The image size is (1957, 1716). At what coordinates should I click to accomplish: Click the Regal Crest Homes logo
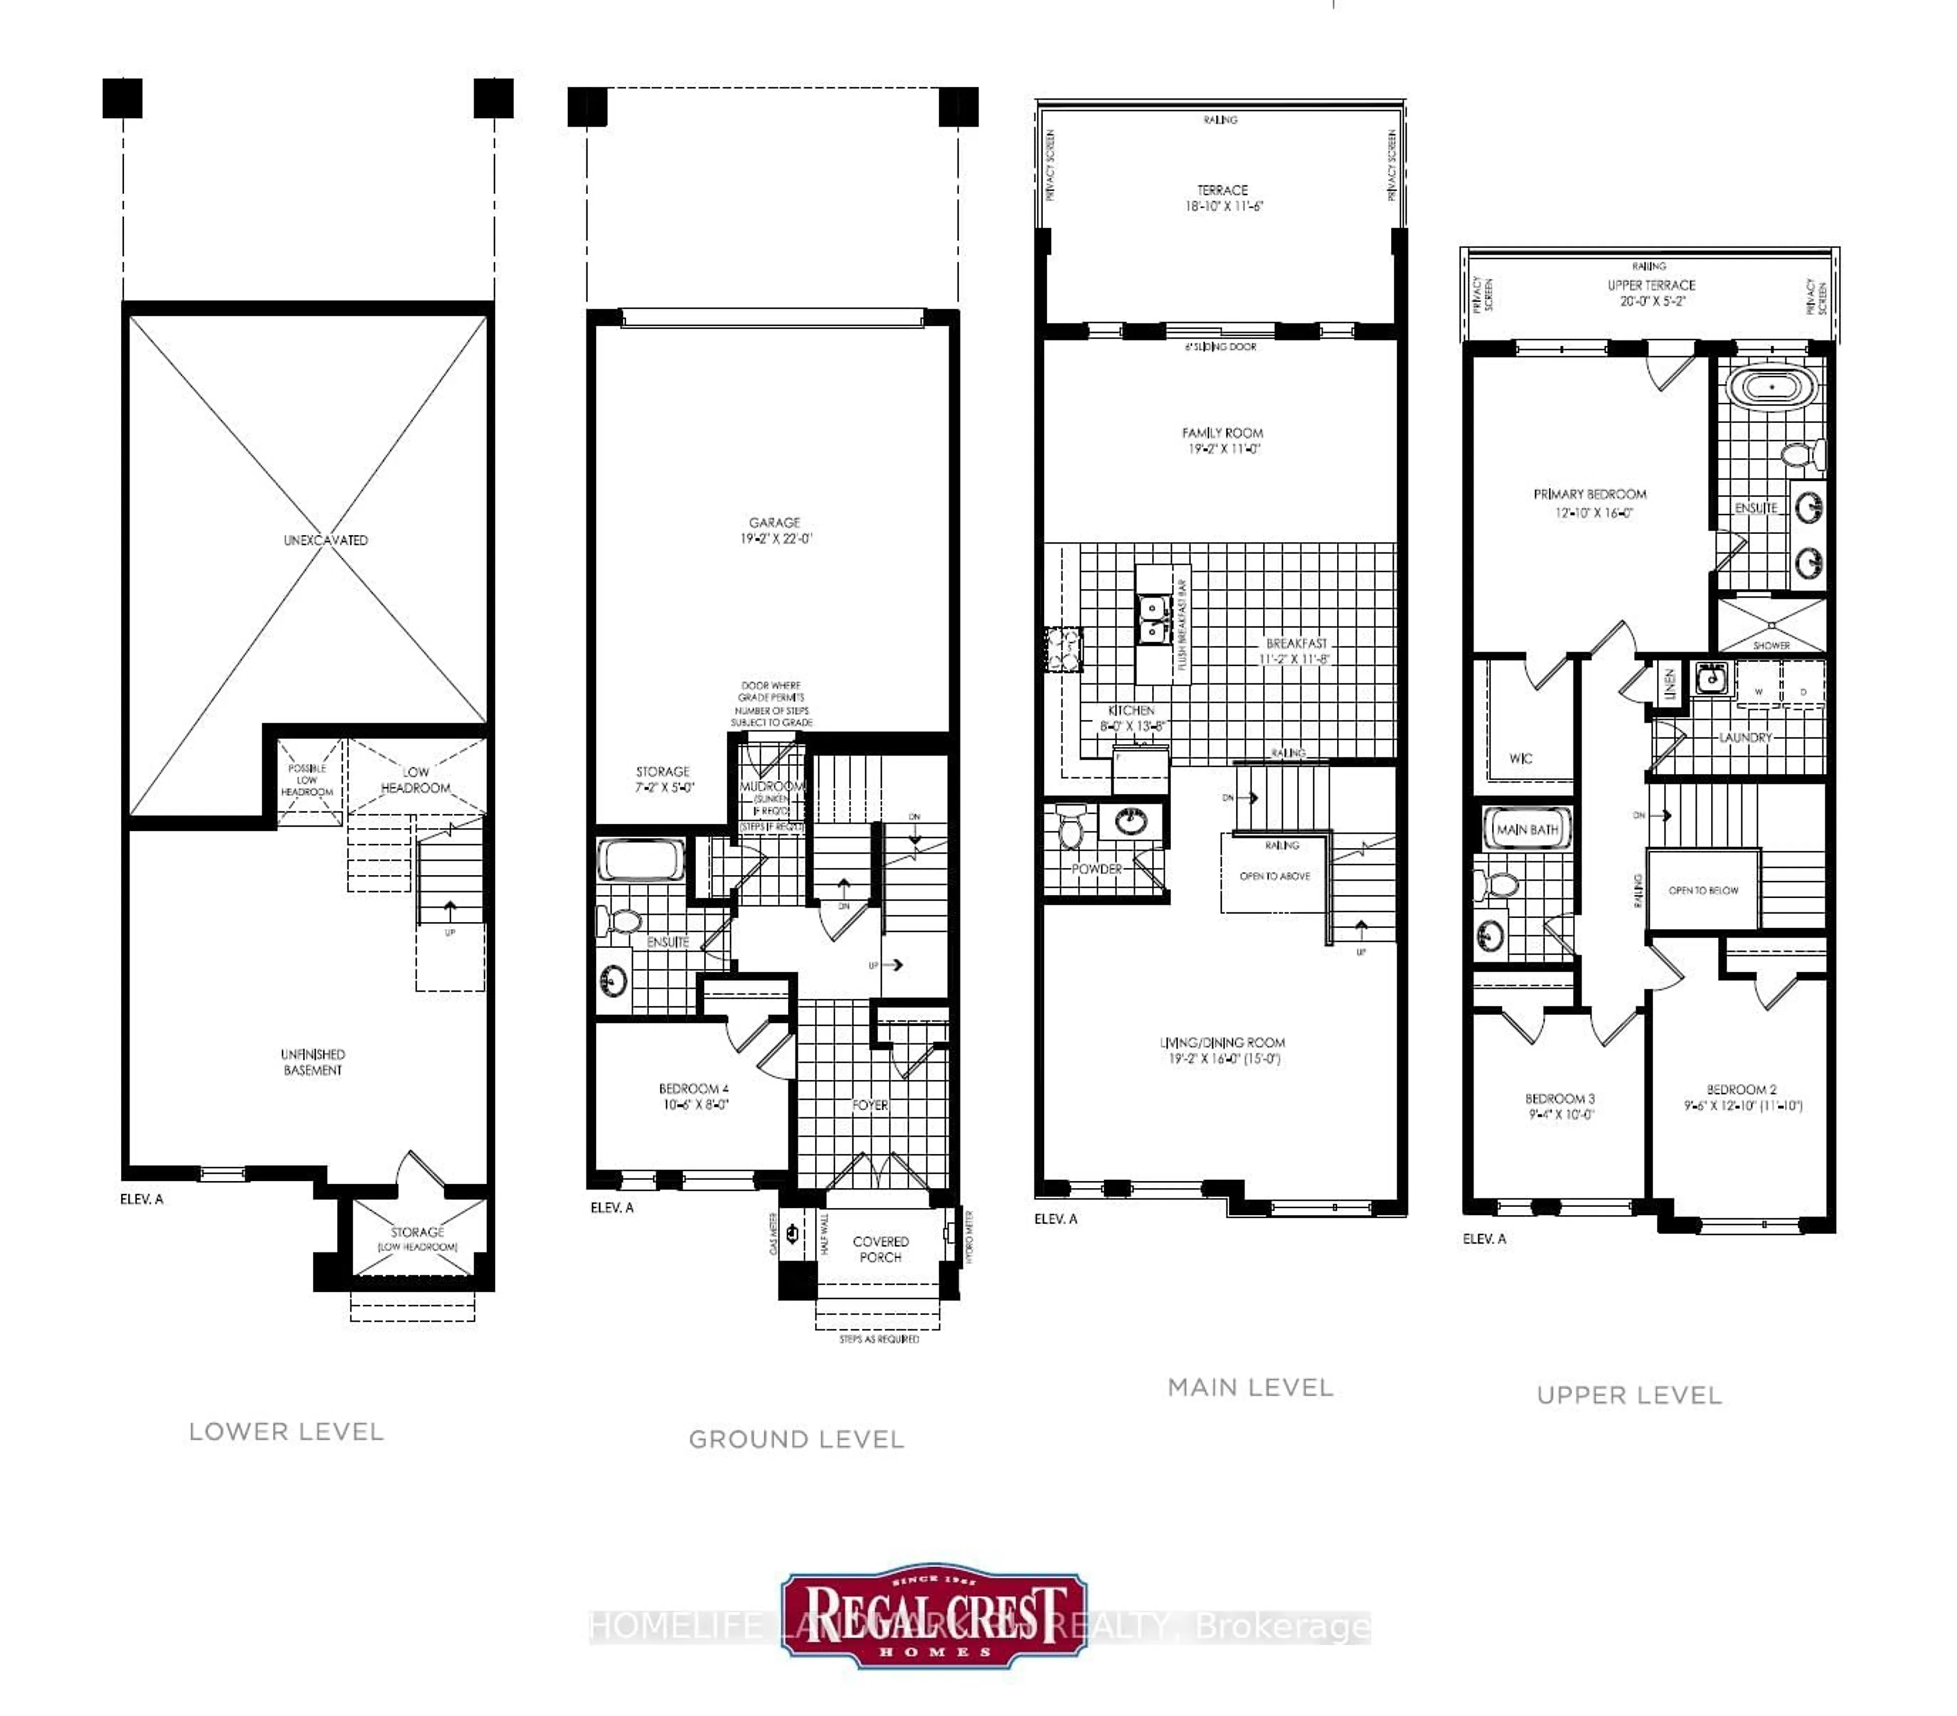coord(934,1618)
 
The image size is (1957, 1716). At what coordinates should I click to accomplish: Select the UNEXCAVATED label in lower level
coord(326,540)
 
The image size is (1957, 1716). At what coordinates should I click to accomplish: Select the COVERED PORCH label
coord(880,1249)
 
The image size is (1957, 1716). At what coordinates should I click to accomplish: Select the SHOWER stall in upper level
coord(1771,626)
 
